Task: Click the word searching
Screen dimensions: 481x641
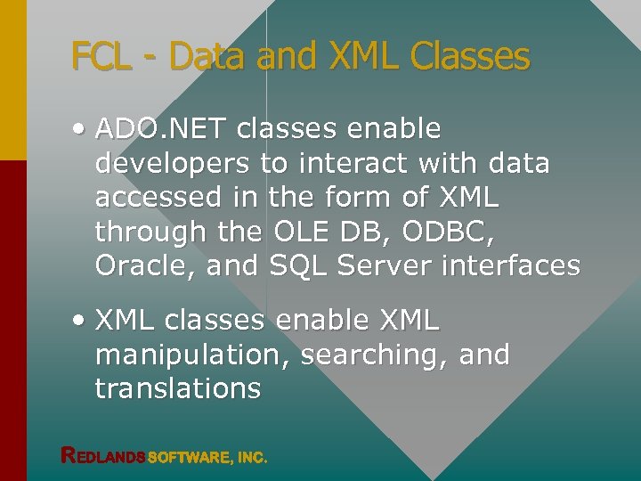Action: (x=374, y=355)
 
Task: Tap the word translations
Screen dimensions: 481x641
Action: (x=178, y=388)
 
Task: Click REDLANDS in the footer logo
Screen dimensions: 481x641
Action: (x=103, y=457)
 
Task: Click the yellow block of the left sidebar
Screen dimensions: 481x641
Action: (x=12, y=80)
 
